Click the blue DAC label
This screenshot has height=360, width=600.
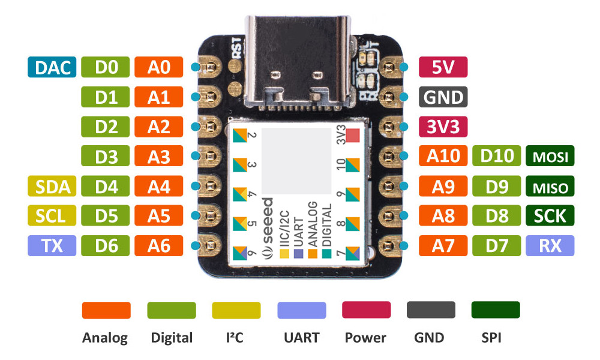click(x=52, y=68)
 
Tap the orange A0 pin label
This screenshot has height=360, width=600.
click(x=159, y=68)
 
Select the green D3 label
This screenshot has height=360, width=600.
click(x=106, y=157)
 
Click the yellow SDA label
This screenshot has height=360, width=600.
click(x=52, y=187)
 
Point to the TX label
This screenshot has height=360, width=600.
click(x=52, y=245)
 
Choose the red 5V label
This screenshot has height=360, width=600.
click(x=443, y=68)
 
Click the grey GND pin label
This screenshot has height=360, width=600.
click(x=443, y=97)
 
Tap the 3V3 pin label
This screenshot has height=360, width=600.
click(x=443, y=127)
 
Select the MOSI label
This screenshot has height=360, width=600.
click(x=550, y=157)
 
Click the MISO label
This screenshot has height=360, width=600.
click(x=550, y=187)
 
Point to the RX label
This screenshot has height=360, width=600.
click(x=550, y=245)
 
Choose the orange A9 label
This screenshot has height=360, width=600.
click(x=443, y=187)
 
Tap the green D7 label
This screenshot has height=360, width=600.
click(x=496, y=245)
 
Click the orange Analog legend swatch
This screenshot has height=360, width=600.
click(x=106, y=310)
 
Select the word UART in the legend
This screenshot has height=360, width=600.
click(x=302, y=338)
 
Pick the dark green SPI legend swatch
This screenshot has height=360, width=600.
click(x=496, y=310)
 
